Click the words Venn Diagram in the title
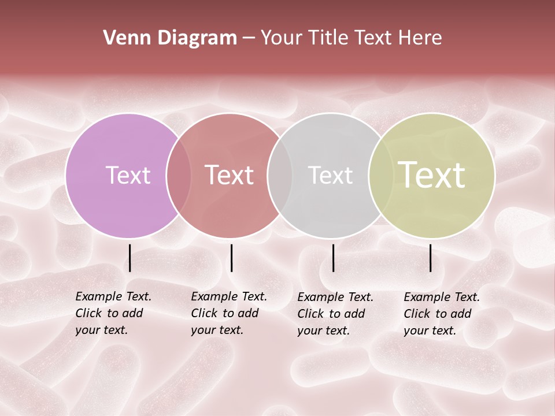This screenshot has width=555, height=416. [x=170, y=38]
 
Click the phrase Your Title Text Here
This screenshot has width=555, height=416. [x=351, y=38]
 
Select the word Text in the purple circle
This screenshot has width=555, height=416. [x=128, y=175]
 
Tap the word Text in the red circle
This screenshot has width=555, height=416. [x=230, y=175]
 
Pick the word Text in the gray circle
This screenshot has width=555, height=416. [x=330, y=175]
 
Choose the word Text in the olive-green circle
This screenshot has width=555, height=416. [x=432, y=175]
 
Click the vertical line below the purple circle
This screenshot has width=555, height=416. [x=129, y=258]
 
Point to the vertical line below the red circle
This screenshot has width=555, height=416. [x=231, y=258]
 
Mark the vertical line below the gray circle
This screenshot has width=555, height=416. [x=333, y=258]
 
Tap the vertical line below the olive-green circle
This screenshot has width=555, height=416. [x=430, y=258]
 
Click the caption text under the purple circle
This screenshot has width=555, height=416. [x=113, y=313]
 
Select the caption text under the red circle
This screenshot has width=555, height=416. [x=228, y=313]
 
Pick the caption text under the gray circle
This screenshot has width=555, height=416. [x=335, y=314]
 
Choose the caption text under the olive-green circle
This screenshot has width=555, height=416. [x=441, y=314]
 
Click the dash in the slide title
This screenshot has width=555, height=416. [x=249, y=38]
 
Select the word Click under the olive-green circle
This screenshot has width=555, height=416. [x=416, y=314]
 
